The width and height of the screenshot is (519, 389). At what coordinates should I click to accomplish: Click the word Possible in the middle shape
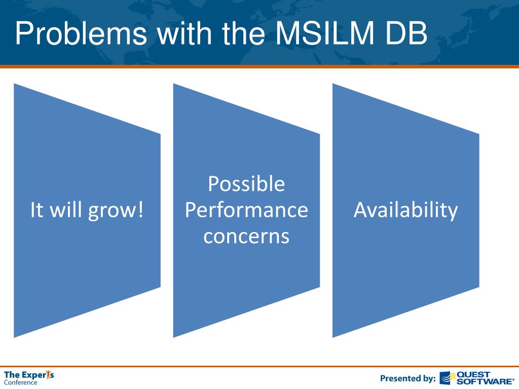point(246,183)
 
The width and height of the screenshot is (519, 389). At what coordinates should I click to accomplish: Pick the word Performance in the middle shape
point(246,210)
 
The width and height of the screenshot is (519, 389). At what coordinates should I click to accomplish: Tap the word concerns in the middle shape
point(246,236)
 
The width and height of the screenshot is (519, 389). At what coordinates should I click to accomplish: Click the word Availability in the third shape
point(405,210)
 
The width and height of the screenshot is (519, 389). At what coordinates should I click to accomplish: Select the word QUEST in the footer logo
point(473,374)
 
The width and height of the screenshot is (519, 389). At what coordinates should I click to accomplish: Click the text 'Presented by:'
point(408,378)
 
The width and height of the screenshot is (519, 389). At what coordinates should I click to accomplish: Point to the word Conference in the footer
point(21,382)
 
